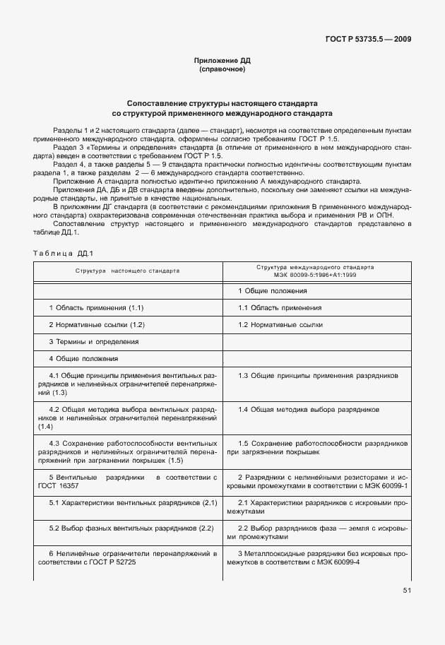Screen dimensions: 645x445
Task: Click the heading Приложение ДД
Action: click(x=222, y=61)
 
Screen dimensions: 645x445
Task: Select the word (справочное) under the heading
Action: click(x=222, y=70)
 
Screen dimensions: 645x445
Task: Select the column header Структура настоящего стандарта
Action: click(x=128, y=271)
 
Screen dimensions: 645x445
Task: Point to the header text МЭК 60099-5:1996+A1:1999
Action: click(x=317, y=274)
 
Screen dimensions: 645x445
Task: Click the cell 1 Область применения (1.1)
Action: click(x=96, y=308)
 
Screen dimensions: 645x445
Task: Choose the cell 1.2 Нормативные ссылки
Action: click(x=280, y=325)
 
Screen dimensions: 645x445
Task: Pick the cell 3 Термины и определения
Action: click(x=93, y=342)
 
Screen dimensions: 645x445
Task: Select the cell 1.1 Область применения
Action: click(x=280, y=308)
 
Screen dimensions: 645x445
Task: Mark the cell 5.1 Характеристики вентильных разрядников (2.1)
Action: click(x=132, y=502)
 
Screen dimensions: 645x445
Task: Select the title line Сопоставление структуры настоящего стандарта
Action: click(x=222, y=102)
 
